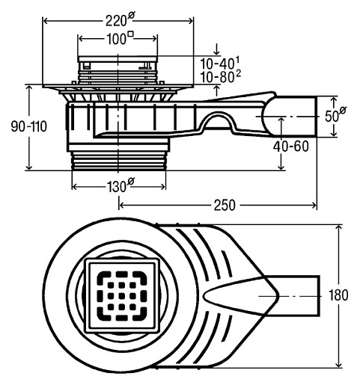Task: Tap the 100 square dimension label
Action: pos(120,38)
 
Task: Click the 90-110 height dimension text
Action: pos(29,126)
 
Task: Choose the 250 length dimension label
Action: pos(225,206)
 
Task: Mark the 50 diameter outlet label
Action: pos(335,115)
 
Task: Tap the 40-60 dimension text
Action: pos(291,147)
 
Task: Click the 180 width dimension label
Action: pos(338,295)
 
